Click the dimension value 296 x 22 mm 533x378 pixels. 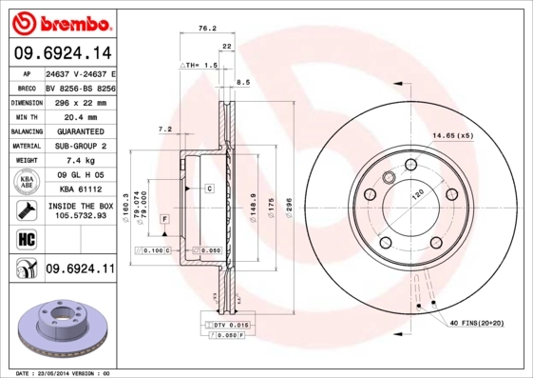79,101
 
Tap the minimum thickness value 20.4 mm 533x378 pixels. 79,116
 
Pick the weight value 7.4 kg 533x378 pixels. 79,161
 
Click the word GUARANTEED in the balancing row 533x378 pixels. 79,130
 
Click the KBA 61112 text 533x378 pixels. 79,190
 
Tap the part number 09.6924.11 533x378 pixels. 79,270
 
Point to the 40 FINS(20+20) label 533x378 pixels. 472,325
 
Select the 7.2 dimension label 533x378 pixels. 163,129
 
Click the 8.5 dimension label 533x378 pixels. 242,83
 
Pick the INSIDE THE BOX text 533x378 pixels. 79,206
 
